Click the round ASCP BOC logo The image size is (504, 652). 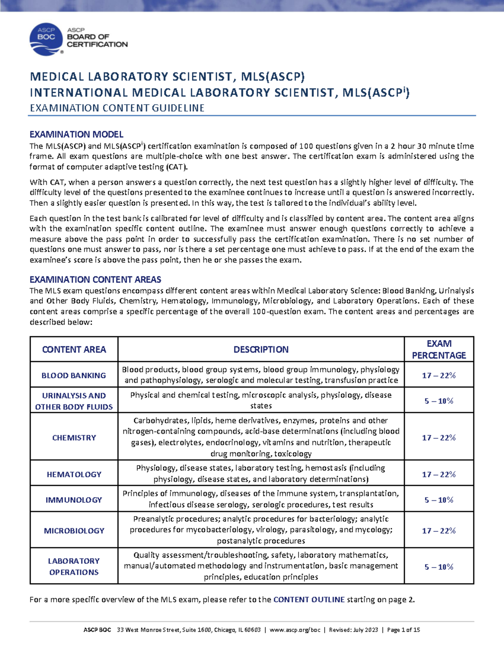click(x=46, y=39)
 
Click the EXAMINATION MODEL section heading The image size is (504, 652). click(x=76, y=134)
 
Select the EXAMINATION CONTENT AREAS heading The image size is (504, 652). click(x=95, y=280)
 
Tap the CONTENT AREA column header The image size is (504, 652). click(x=74, y=349)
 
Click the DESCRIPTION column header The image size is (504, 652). click(x=261, y=349)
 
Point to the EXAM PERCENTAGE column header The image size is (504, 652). click(x=439, y=349)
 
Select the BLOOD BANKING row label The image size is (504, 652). click(x=74, y=375)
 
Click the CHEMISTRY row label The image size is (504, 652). click(x=74, y=437)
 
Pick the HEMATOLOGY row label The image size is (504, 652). click(x=74, y=474)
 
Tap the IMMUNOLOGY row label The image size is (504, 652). click(x=74, y=500)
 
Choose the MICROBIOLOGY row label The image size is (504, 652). click(x=74, y=531)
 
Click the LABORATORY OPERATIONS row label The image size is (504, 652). click(x=74, y=566)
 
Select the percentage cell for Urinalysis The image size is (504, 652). click(x=439, y=401)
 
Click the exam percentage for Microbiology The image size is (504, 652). click(x=439, y=531)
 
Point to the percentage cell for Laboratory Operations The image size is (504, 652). click(x=439, y=567)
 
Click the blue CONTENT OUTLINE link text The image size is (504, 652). click(x=309, y=600)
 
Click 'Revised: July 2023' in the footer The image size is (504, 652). click(x=354, y=630)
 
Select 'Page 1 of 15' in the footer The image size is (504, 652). click(x=404, y=630)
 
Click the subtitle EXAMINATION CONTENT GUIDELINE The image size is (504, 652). click(x=117, y=108)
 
